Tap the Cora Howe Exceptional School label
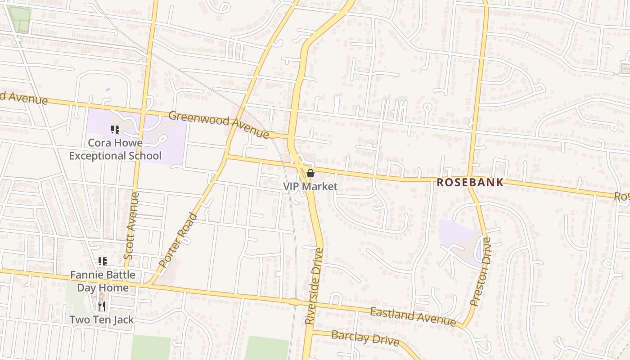tap(115, 149)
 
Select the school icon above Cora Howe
tap(115, 130)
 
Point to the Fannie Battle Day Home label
tap(103, 281)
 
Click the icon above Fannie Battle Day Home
tap(103, 261)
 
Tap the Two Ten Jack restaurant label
tap(102, 319)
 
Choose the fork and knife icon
tap(102, 306)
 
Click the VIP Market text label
tap(310, 186)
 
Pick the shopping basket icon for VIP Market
tap(310, 173)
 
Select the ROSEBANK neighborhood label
tap(470, 183)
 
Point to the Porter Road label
tap(178, 240)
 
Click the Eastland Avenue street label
tap(413, 317)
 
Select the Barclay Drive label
tap(365, 338)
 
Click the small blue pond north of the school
tap(108, 90)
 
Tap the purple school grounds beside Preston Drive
tap(454, 238)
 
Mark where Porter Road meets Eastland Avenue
tap(147, 285)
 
